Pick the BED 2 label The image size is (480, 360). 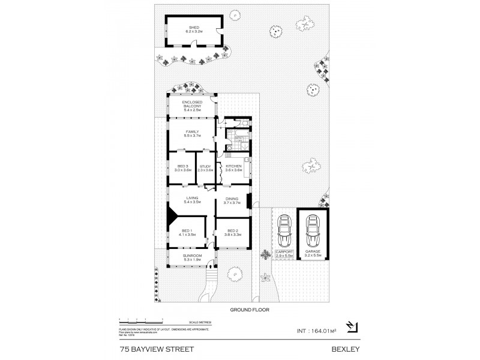[232, 231]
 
